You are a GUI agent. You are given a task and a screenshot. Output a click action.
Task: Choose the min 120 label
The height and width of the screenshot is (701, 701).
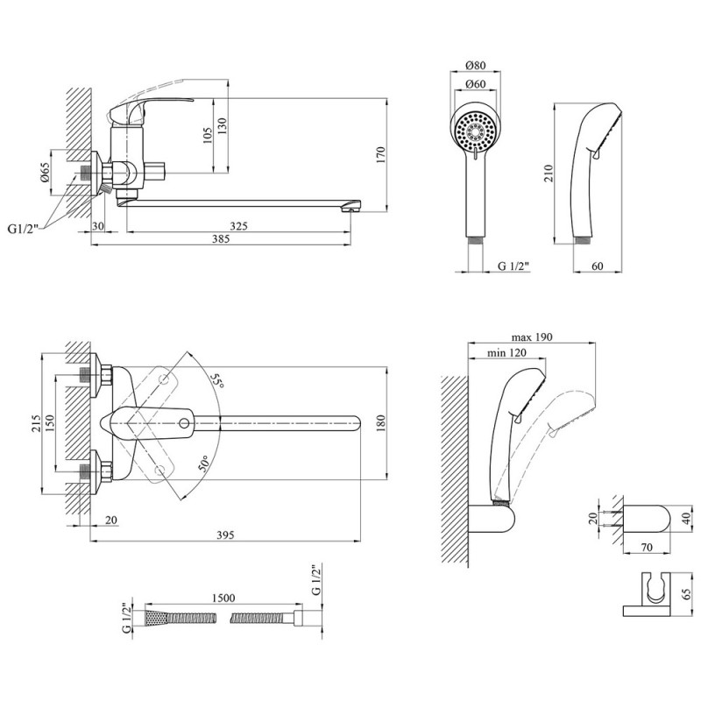[x=506, y=353]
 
